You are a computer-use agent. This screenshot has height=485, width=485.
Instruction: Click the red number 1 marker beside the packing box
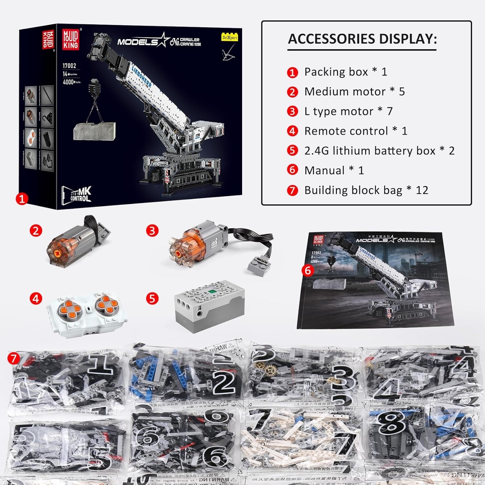click(x=22, y=199)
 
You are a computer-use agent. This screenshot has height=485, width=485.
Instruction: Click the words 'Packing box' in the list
click(x=336, y=72)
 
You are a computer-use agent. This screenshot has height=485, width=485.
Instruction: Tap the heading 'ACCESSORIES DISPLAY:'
click(x=362, y=39)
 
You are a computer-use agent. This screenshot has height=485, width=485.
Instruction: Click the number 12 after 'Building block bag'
click(x=422, y=190)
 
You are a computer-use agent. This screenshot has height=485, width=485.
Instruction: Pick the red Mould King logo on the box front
click(x=70, y=39)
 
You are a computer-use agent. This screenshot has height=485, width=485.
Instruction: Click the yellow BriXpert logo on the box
click(x=230, y=38)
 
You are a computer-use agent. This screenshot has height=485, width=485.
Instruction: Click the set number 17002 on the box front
click(x=69, y=66)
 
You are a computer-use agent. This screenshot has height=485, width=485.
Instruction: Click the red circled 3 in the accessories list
click(x=292, y=112)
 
